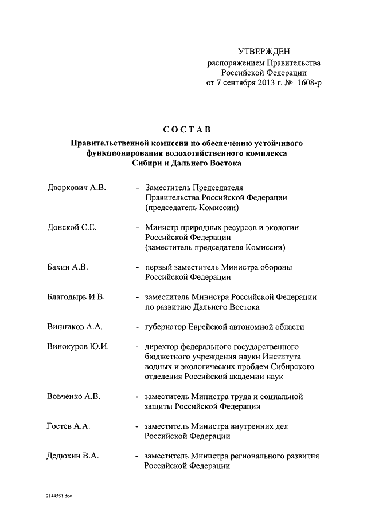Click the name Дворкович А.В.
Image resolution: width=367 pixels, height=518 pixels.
[x=77, y=188]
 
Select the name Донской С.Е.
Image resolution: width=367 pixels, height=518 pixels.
[x=72, y=227]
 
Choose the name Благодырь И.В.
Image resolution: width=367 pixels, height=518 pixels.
[x=76, y=297]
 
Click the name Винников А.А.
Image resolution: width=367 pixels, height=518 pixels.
[x=75, y=327]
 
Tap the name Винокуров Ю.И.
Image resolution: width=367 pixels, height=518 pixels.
[x=78, y=347]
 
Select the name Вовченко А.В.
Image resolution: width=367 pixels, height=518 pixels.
[x=73, y=396]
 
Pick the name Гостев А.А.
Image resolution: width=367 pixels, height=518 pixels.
[x=69, y=426]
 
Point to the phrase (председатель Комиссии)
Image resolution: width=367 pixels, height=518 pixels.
[x=191, y=207]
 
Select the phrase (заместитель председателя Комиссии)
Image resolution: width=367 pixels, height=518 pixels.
[x=215, y=247]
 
